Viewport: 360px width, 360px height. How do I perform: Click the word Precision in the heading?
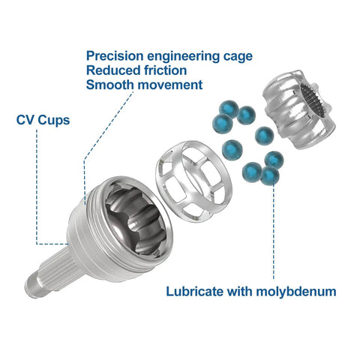click(115, 56)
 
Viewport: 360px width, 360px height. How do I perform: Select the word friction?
click(166, 70)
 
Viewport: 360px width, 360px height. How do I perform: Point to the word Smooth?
click(110, 85)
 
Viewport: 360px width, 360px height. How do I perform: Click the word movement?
click(170, 85)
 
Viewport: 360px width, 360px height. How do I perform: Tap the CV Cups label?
click(43, 120)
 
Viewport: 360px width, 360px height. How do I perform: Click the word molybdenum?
click(296, 292)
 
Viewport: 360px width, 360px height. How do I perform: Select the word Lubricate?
click(195, 291)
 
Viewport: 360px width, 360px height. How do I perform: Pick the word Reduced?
click(113, 70)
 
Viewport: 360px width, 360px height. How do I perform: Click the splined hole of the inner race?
click(312, 100)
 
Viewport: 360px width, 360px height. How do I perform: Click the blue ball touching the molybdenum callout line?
click(270, 175)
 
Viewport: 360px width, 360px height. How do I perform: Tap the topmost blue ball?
click(229, 109)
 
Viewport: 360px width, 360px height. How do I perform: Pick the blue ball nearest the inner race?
click(264, 136)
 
